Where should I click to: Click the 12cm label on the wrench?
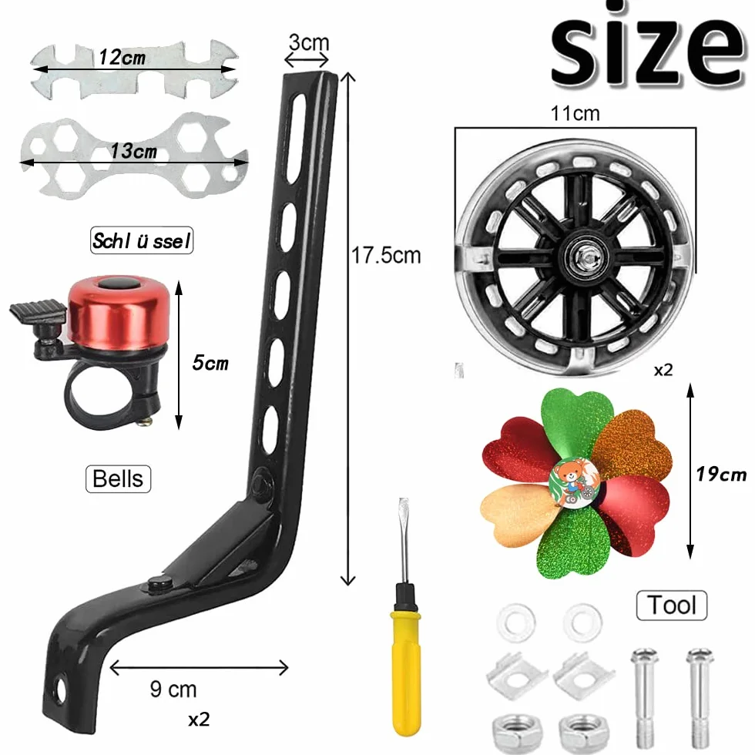(x=122, y=58)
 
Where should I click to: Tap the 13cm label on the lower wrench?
(x=133, y=151)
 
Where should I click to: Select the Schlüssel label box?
(x=142, y=240)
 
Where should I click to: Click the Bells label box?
(x=118, y=478)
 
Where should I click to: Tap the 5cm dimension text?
(x=210, y=363)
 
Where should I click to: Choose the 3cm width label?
(x=309, y=42)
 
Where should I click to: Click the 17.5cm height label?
(x=386, y=255)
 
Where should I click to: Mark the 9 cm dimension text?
(x=173, y=690)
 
